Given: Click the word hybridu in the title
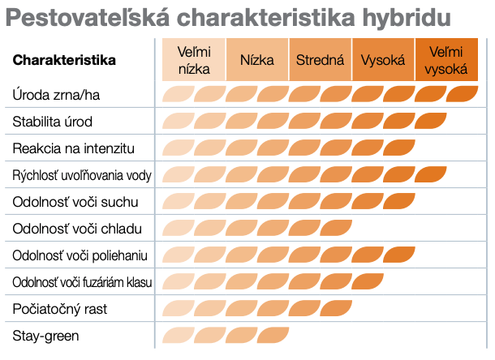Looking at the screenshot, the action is (407, 19).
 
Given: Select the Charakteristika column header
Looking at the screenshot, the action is (64, 60).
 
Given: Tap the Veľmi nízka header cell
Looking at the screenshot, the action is (194, 60).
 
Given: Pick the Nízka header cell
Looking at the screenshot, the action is (257, 60).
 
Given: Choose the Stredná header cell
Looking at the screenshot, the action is (320, 60).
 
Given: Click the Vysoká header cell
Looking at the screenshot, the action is (383, 60).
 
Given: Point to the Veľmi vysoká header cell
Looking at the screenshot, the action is (446, 60).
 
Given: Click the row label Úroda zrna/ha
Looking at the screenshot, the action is (56, 95).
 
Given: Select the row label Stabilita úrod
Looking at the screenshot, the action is (53, 122).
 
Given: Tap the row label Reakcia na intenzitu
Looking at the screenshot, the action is (74, 148).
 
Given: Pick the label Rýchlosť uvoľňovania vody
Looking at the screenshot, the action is (82, 175).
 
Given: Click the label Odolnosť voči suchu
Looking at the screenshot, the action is (75, 202).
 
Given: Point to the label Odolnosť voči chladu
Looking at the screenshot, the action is (77, 229).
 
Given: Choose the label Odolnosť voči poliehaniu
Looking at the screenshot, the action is (80, 255).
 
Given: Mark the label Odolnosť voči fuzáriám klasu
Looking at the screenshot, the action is (83, 282).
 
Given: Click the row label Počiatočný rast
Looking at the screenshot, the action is (60, 309).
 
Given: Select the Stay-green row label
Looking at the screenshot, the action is (45, 336).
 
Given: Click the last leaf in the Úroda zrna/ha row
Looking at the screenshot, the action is (463, 94).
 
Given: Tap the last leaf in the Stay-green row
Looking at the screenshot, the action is (273, 335).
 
